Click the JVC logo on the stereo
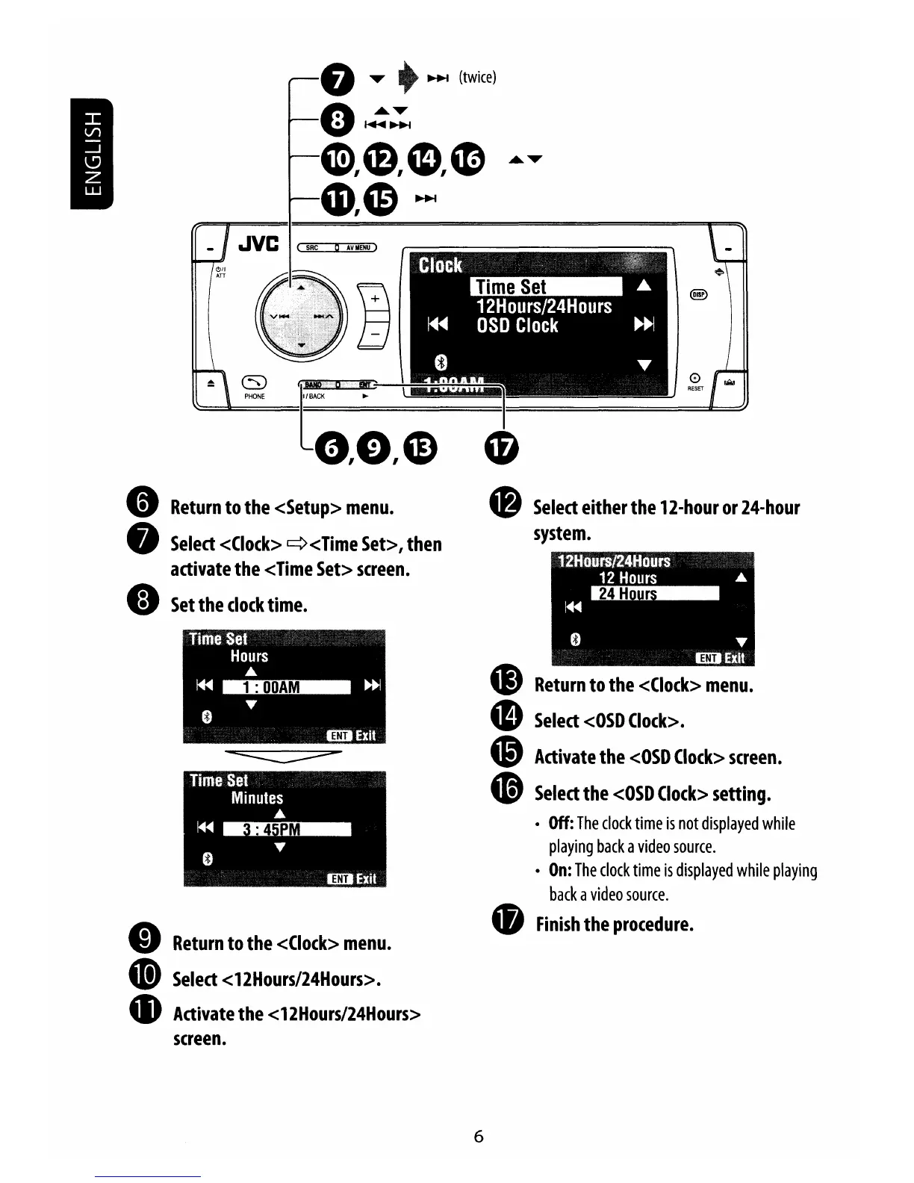(258, 243)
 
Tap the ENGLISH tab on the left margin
(91, 153)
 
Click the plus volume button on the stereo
(375, 298)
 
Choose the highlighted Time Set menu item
(546, 287)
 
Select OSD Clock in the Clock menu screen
(517, 326)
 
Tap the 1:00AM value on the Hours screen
(286, 687)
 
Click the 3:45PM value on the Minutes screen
(286, 829)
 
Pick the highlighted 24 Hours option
(654, 594)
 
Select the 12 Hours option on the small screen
(627, 577)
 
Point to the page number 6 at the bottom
(479, 1136)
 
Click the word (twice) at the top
(477, 78)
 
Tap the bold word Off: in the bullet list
(561, 823)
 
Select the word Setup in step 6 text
(308, 508)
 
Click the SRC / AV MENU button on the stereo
(337, 248)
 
